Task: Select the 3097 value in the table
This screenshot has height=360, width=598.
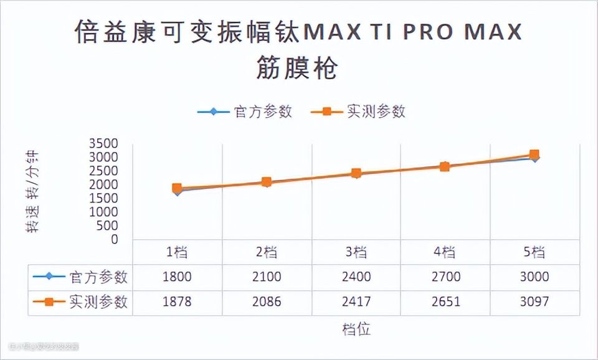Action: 534,302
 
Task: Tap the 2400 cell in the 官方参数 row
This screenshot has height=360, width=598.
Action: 356,277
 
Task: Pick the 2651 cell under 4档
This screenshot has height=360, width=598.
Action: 445,302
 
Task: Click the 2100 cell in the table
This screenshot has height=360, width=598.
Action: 267,277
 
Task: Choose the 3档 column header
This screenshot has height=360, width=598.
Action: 356,252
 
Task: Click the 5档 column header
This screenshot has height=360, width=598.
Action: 534,252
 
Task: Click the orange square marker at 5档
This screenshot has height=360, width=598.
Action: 534,154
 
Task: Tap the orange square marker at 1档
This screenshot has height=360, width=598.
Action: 178,188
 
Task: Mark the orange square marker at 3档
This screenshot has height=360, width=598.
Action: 356,173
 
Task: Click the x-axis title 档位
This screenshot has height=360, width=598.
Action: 356,329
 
